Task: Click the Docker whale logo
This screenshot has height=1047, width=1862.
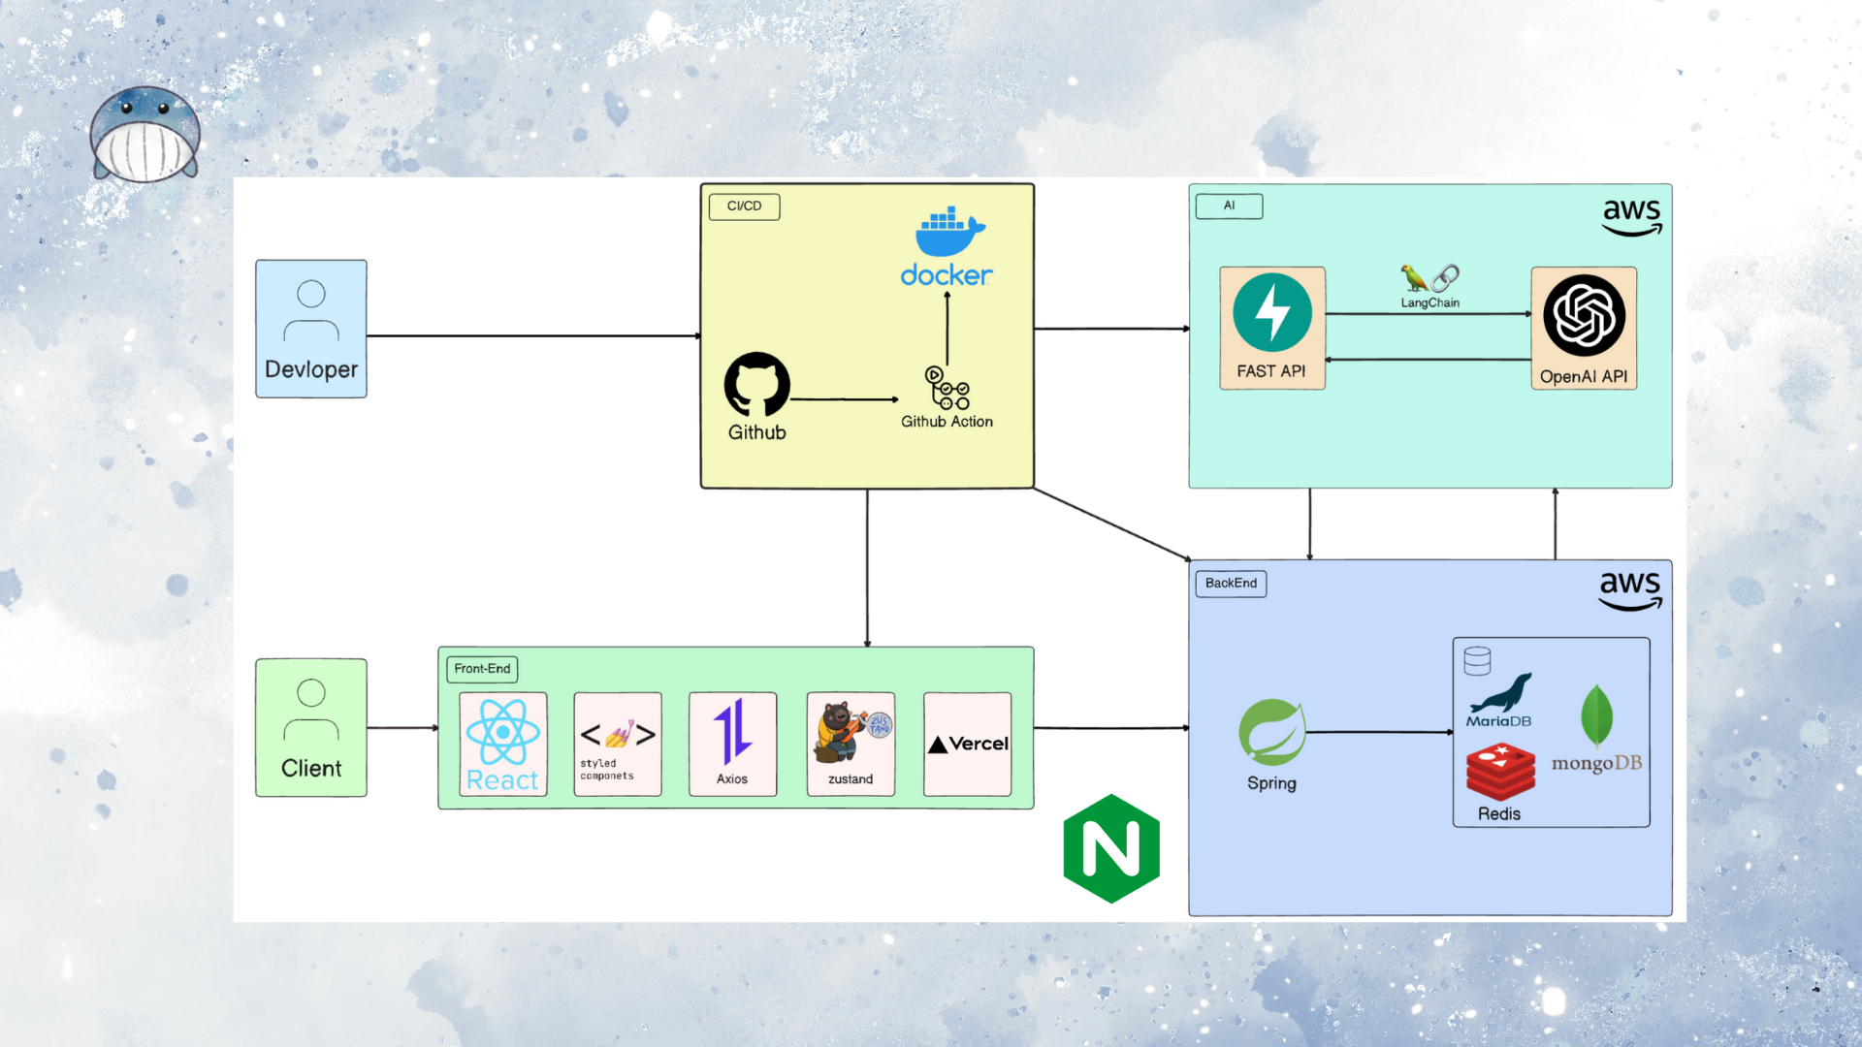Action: (x=948, y=232)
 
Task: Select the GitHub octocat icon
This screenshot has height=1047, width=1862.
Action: (x=756, y=385)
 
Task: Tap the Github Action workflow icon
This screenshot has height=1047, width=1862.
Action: (x=947, y=388)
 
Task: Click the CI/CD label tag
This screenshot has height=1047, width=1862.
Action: (x=744, y=206)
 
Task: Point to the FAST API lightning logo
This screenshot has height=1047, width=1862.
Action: (x=1271, y=313)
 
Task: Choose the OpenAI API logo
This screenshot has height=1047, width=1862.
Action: (x=1584, y=316)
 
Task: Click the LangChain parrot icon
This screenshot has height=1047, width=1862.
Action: (x=1415, y=278)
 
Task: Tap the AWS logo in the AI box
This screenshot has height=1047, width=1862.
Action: (x=1631, y=216)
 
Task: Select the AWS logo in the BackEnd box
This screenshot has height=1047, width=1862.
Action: (x=1629, y=589)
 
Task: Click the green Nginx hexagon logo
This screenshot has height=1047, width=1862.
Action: (x=1111, y=849)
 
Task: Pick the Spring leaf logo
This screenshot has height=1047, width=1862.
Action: (x=1271, y=732)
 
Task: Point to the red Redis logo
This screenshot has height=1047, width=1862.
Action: (x=1500, y=772)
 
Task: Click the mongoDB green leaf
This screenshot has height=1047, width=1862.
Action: (x=1596, y=716)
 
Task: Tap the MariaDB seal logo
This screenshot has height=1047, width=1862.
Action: (x=1500, y=695)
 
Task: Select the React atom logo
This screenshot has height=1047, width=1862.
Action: (x=502, y=733)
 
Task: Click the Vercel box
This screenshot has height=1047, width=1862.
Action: (x=967, y=744)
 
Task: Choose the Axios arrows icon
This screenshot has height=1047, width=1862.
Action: (x=732, y=732)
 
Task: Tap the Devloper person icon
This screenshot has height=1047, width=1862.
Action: (x=311, y=311)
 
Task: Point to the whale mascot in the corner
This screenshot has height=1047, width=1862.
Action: (x=145, y=136)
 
